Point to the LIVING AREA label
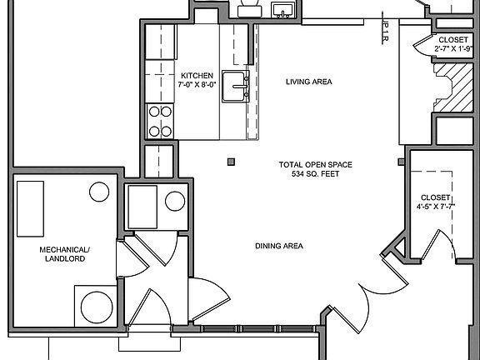click(x=309, y=82)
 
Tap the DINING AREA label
click(x=278, y=246)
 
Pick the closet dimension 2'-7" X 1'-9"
click(x=449, y=49)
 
